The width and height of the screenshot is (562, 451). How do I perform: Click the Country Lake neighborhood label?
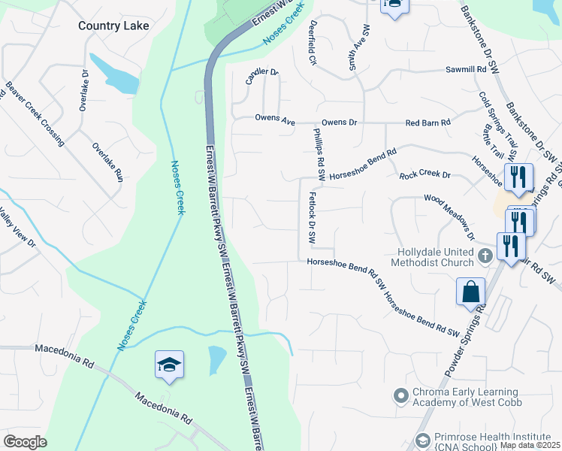tap(113, 26)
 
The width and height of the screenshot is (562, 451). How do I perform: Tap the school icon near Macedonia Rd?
tap(169, 365)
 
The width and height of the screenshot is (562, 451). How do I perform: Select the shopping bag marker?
tap(470, 292)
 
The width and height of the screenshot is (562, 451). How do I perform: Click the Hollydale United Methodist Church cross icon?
tap(485, 256)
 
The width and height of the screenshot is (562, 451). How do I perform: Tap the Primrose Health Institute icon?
tap(423, 440)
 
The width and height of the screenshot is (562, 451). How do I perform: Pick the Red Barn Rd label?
tap(428, 122)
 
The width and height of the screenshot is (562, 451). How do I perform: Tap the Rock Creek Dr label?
tap(425, 175)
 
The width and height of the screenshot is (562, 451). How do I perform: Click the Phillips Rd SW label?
tap(318, 153)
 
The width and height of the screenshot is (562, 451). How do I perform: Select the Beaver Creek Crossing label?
tap(35, 113)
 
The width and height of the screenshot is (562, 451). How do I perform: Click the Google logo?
tap(25, 441)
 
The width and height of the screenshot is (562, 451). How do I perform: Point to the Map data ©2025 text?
tap(530, 445)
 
